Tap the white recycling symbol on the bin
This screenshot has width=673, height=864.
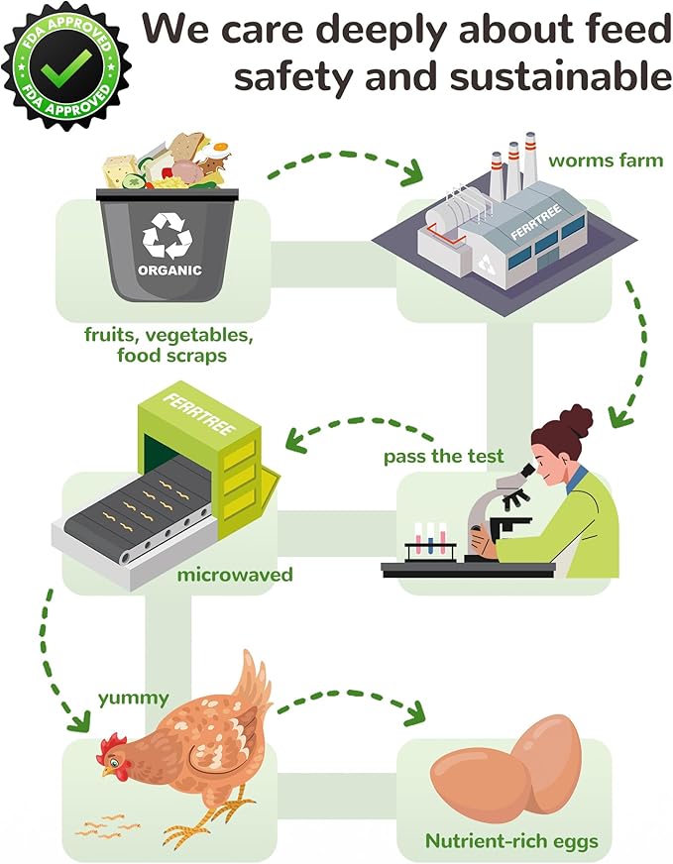168,236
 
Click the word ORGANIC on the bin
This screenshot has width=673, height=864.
169,270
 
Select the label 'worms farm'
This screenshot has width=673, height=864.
606,161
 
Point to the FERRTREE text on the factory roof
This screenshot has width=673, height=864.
536,222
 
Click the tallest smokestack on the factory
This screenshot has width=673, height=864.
529,160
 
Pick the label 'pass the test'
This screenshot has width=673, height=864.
444,456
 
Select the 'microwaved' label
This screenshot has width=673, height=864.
235,575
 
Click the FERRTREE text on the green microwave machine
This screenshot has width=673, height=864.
199,414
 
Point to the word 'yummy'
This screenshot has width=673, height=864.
134,699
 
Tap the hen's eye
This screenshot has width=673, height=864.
114,763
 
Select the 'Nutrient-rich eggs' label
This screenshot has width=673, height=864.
511,841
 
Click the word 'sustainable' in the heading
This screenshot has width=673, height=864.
560,77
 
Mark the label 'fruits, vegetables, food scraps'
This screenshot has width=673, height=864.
169,345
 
